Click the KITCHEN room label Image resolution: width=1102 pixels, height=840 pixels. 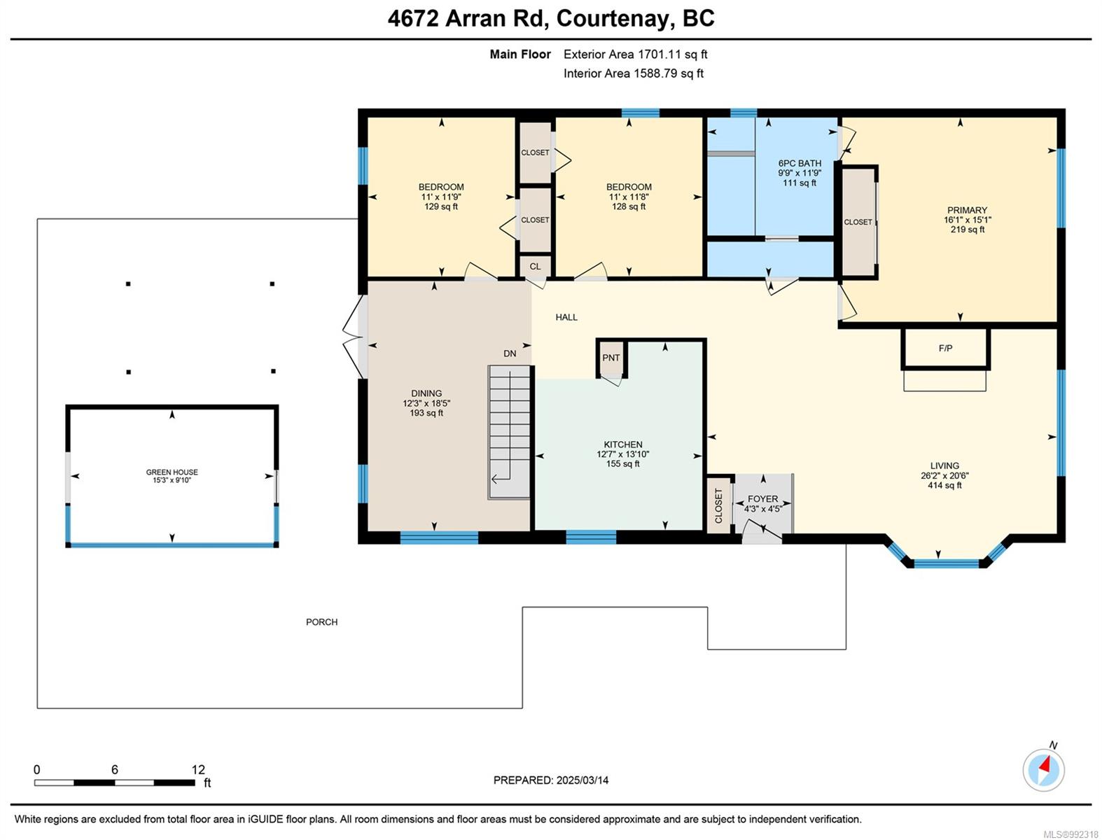(x=622, y=444)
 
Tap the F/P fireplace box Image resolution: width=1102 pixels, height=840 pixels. (x=945, y=349)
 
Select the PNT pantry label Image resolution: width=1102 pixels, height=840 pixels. (x=611, y=358)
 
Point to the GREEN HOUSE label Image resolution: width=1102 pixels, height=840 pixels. (x=172, y=472)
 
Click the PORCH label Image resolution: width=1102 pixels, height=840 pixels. (x=322, y=622)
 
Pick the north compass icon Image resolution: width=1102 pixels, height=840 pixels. (x=1043, y=770)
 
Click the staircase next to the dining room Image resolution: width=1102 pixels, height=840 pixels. (x=509, y=432)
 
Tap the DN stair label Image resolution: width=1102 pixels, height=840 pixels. (x=510, y=353)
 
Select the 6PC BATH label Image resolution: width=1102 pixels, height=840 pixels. (x=800, y=164)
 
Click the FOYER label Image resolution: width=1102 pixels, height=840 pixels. (x=762, y=499)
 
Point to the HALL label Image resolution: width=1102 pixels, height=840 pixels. (x=566, y=317)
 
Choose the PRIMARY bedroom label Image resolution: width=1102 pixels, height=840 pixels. (x=967, y=210)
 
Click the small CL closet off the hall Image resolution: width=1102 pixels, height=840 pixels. (x=535, y=266)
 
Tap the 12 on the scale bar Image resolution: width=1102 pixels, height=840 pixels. (x=198, y=769)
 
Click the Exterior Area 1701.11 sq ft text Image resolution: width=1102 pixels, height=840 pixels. (x=636, y=54)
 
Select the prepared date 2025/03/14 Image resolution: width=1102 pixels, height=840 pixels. (x=583, y=780)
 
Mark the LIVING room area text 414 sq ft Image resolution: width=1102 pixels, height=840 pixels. (x=944, y=485)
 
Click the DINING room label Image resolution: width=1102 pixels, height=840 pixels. (x=426, y=393)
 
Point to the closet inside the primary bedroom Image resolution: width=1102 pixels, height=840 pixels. (x=858, y=223)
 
